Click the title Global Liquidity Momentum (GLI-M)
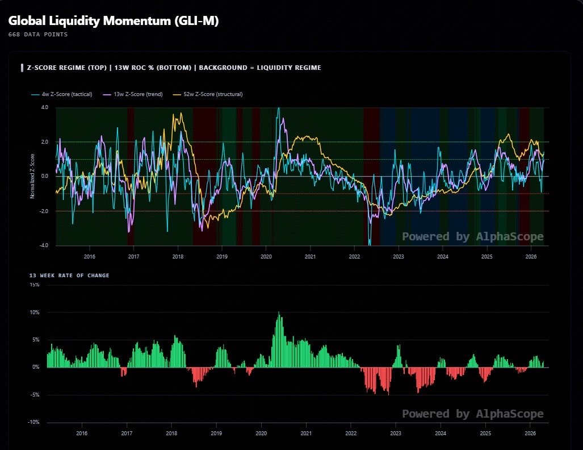pyautogui.click(x=114, y=20)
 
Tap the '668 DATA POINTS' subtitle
pyautogui.click(x=38, y=35)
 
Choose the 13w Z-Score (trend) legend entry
pyautogui.click(x=133, y=94)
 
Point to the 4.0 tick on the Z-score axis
pyautogui.click(x=45, y=107)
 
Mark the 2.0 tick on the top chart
pyautogui.click(x=45, y=142)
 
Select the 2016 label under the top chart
pyautogui.click(x=90, y=256)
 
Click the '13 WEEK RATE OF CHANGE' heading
pyautogui.click(x=69, y=276)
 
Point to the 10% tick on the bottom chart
pyautogui.click(x=35, y=312)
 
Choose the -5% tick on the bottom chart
pyautogui.click(x=35, y=395)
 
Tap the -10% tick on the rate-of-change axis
pyautogui.click(x=34, y=422)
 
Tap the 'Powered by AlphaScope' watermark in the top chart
pyautogui.click(x=472, y=236)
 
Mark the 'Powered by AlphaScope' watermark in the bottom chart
pyautogui.click(x=472, y=414)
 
